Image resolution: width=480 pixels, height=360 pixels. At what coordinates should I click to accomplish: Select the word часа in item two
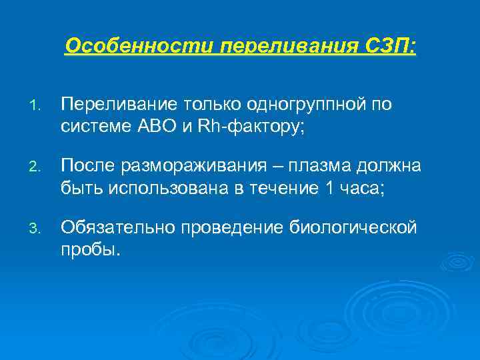point(365,187)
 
